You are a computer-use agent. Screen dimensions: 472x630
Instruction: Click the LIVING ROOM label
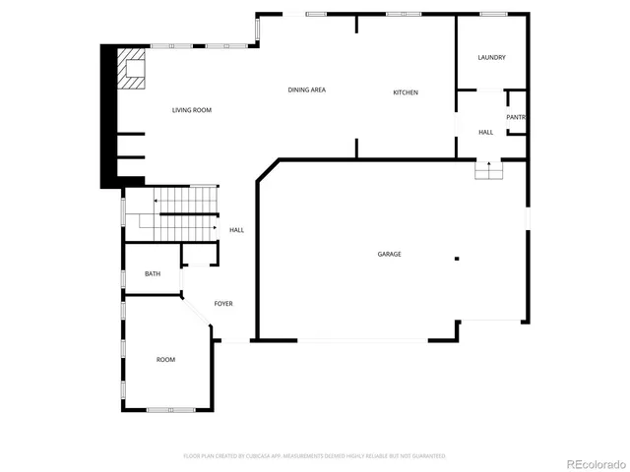coord(192,110)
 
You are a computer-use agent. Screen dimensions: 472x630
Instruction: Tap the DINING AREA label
coord(306,90)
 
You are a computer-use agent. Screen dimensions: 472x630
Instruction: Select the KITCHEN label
coord(406,92)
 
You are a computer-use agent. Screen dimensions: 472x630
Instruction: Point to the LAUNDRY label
coord(491,58)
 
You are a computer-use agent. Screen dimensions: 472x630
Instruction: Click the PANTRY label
coord(517,117)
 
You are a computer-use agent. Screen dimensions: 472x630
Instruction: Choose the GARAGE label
coord(389,254)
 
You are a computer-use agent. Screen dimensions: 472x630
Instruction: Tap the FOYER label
coord(223,304)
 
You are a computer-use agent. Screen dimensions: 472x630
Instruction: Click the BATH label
coord(153,274)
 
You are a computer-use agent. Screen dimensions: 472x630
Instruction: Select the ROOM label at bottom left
coord(165,360)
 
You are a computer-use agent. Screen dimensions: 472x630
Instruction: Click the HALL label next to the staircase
coord(236,230)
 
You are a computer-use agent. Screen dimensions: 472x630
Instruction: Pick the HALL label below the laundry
coord(485,132)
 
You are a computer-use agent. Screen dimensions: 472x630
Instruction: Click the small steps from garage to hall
coord(489,171)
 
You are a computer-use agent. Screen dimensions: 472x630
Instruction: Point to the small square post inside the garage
coord(456,259)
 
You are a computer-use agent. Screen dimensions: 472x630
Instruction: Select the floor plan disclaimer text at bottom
coord(314,456)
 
